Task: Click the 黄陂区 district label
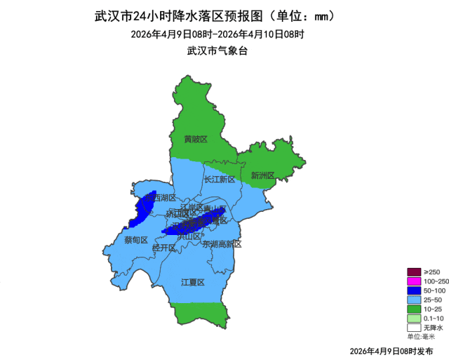(196, 139)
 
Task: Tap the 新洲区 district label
(262, 175)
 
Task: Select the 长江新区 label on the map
(220, 180)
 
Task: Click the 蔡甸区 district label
(136, 240)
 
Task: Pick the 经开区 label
(163, 248)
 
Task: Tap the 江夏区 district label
(192, 282)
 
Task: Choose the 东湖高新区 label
(222, 244)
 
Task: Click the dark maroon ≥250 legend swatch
(414, 272)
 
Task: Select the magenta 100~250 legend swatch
(414, 281)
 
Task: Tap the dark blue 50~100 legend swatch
(414, 290)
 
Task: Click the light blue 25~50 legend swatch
(414, 300)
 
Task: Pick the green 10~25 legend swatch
(414, 309)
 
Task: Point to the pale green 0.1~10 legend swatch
(414, 318)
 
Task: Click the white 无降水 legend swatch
(414, 327)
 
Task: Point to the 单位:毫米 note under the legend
(421, 336)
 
